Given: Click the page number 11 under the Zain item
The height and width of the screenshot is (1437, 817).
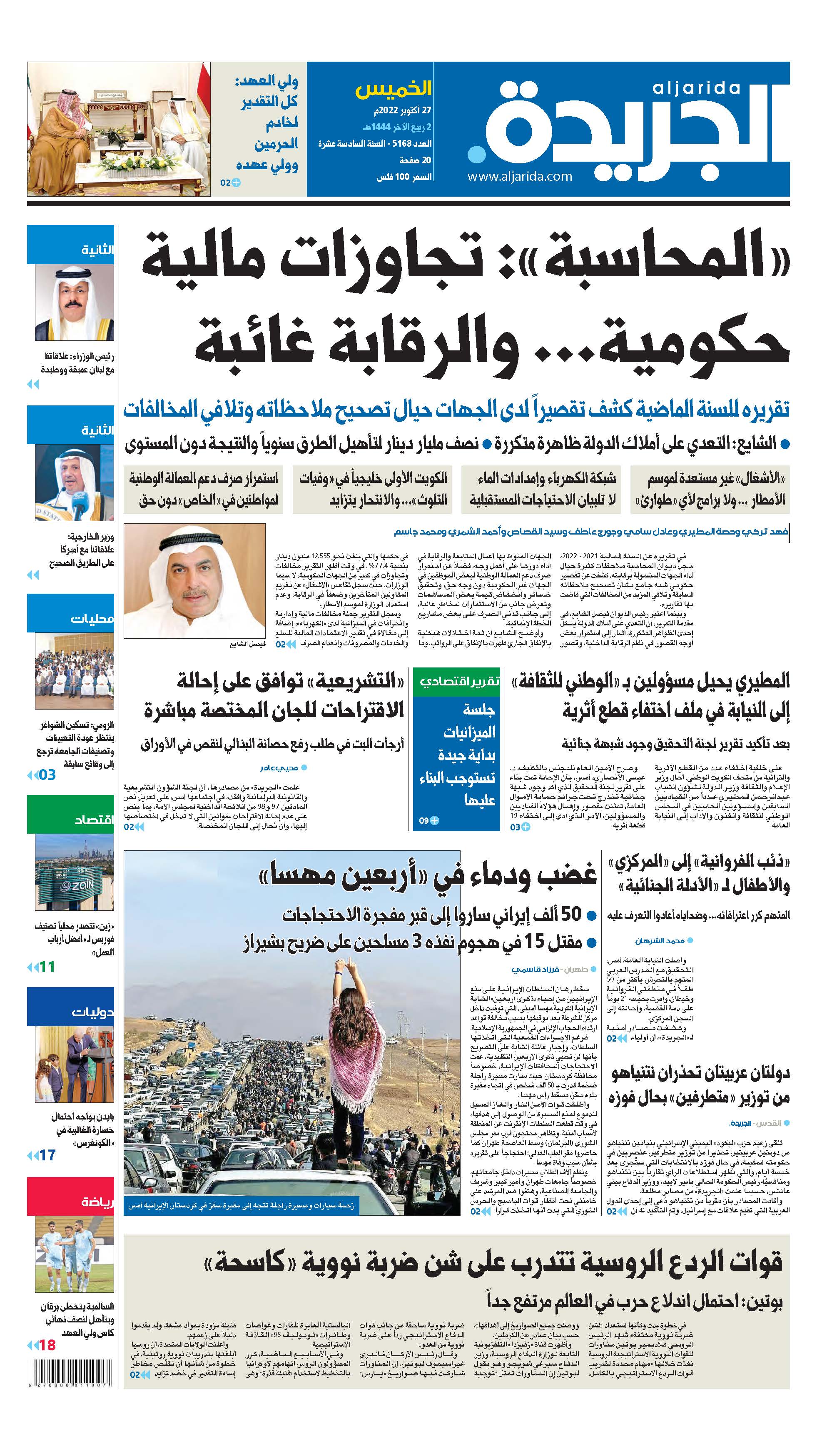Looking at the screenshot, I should point(47,967).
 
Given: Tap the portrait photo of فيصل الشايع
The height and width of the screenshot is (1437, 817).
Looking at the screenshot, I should point(194,580).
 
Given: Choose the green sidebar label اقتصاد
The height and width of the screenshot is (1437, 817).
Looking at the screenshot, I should point(93,820).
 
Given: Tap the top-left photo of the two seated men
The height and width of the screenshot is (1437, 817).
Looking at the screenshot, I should point(119,129).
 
